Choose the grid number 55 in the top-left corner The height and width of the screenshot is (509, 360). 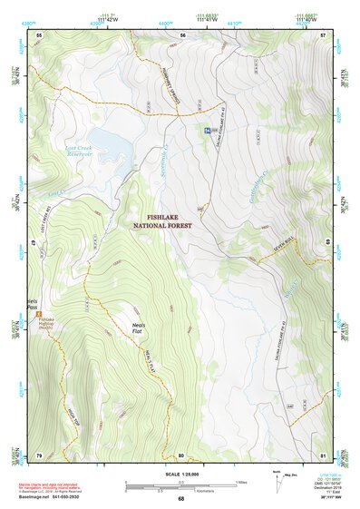click(x=39, y=34)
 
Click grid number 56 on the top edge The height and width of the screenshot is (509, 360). click(x=182, y=34)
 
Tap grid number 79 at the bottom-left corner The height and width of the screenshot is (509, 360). click(x=39, y=455)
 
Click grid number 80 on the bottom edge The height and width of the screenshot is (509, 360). click(x=181, y=455)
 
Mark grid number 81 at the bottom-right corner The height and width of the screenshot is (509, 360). click(x=323, y=455)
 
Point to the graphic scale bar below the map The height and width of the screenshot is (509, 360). click(x=180, y=487)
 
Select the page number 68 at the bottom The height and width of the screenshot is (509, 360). click(x=180, y=499)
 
